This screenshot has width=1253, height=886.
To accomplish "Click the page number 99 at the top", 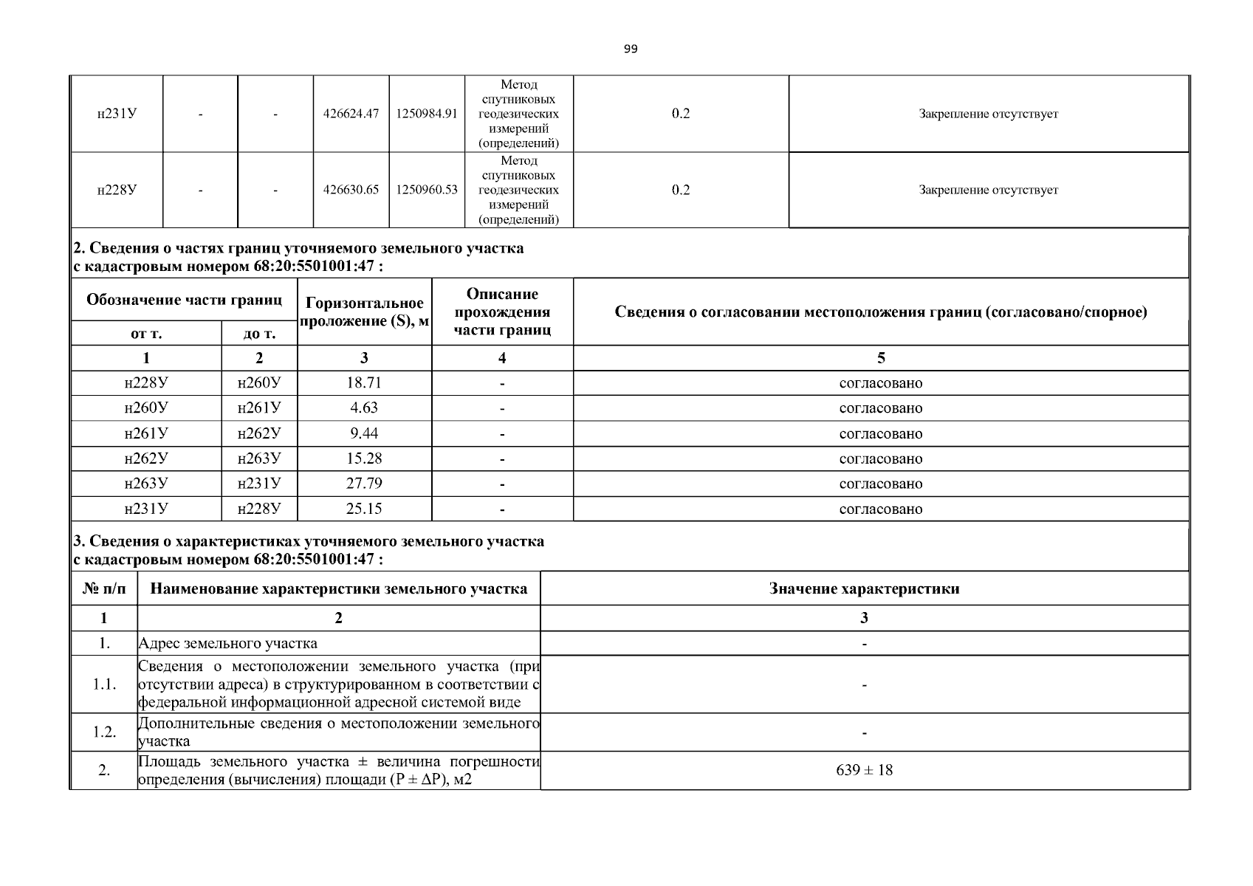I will (630, 49).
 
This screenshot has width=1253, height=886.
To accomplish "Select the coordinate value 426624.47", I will (351, 114).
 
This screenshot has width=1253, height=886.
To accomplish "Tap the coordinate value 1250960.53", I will (427, 190).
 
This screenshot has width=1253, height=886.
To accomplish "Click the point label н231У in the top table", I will (117, 114).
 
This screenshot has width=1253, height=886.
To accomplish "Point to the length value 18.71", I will (364, 382).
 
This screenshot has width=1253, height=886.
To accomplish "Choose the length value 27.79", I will (364, 484).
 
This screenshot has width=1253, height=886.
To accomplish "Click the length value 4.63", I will (364, 408).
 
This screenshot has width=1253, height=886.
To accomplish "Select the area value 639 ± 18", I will (864, 770).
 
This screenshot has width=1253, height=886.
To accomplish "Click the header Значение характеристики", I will (864, 588).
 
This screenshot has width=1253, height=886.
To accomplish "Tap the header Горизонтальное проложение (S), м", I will (364, 312).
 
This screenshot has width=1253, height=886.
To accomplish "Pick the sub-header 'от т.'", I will (146, 334).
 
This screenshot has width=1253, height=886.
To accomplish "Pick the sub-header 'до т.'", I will (259, 334).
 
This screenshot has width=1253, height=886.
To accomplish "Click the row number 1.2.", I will (104, 732).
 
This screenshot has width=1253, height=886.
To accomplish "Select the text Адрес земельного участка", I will (228, 643).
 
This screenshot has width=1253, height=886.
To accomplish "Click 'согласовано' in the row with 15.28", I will (880, 459).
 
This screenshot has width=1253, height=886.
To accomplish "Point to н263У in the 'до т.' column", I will (259, 459).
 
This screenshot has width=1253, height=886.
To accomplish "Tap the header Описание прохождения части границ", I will (502, 312).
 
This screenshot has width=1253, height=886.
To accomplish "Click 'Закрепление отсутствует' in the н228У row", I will (988, 190).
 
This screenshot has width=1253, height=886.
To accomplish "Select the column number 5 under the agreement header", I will (880, 358).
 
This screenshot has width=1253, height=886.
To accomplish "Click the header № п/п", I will (104, 588).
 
